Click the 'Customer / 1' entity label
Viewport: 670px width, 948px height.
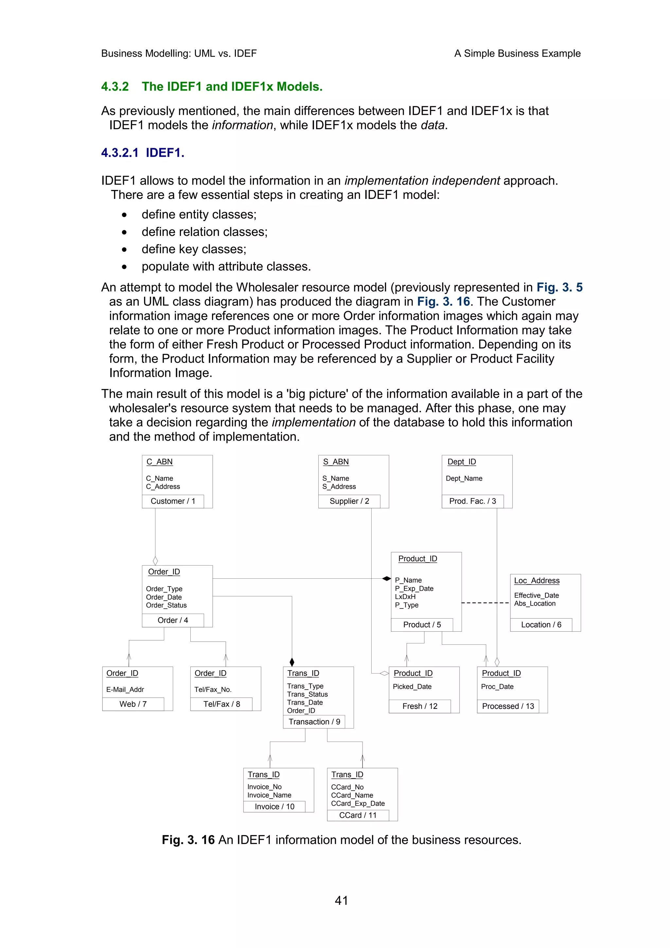pos(172,501)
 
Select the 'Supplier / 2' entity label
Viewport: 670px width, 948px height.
pos(349,501)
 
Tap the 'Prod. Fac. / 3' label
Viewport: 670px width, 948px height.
pos(472,501)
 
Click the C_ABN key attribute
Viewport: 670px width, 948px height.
pos(159,462)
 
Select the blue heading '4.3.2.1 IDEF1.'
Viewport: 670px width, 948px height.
pos(142,153)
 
